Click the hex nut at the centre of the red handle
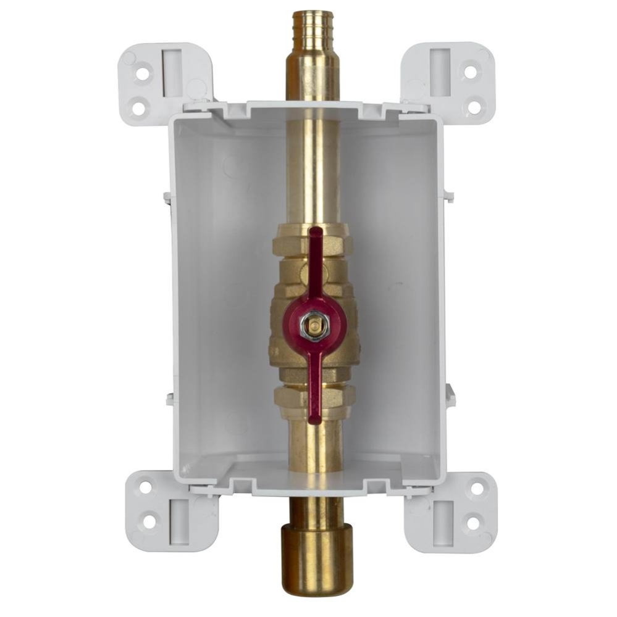click(x=314, y=325)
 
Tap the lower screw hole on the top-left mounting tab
click(x=139, y=108)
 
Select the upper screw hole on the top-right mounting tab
click(x=470, y=72)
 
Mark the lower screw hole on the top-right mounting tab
click(x=474, y=107)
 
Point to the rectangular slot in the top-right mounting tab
click(x=439, y=72)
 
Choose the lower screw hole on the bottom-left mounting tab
click(x=149, y=522)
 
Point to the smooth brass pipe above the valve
click(x=314, y=173)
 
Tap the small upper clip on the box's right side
click(x=449, y=197)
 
